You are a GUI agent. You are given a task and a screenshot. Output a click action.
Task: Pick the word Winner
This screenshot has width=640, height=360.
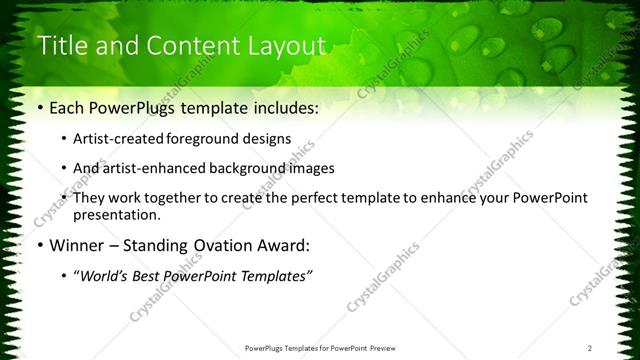76,245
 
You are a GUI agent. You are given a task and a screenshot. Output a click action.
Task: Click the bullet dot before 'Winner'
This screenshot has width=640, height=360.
39,245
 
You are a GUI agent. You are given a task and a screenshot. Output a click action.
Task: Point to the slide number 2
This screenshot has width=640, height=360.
591,348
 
